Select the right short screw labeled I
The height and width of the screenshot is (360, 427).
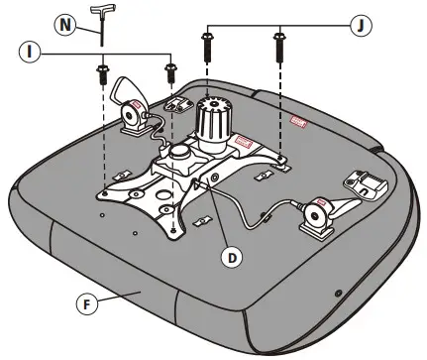(168, 70)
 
